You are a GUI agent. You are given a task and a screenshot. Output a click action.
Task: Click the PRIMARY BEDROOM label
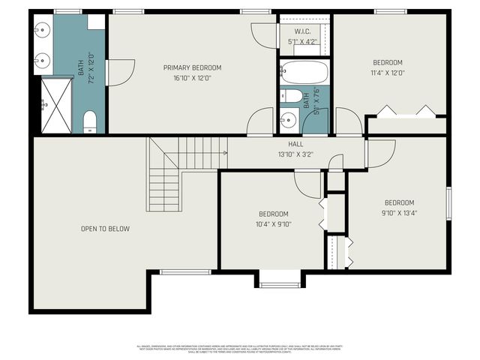pos(192,67)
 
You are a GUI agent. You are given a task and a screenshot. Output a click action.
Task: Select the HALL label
pos(295,144)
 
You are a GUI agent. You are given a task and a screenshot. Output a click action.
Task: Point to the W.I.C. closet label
pos(302,31)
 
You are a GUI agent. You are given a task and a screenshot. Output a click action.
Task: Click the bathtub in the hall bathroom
pos(304,73)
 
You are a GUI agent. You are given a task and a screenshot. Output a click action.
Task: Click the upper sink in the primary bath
pos(40,30)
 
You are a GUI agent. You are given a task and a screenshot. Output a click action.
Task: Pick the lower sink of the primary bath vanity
pos(40,58)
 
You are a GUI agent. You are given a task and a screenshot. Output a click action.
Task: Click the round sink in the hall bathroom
pos(287,118)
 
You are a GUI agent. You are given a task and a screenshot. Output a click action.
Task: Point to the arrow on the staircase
pos(223,152)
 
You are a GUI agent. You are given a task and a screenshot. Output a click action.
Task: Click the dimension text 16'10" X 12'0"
pos(192,78)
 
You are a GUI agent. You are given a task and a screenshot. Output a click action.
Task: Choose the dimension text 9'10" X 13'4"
pos(399,213)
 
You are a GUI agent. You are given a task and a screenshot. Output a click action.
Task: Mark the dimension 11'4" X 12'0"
pos(388,73)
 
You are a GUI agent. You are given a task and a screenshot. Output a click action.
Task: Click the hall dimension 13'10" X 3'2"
pos(295,154)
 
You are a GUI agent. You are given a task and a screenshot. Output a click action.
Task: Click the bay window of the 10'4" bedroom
pos(280,283)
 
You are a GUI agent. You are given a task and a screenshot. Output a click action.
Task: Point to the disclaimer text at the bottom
pos(240,349)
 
